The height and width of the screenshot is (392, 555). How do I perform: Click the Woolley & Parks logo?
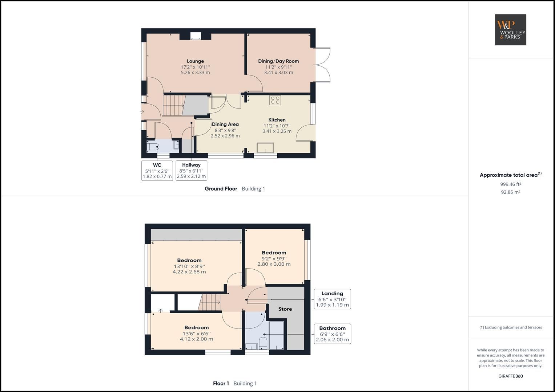[510, 30]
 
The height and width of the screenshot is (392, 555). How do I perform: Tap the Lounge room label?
[195, 61]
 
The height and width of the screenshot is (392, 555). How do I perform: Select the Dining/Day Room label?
[278, 61]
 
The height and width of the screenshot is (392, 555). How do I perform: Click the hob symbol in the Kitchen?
[275, 100]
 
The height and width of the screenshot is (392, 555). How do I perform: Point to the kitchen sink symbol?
[265, 148]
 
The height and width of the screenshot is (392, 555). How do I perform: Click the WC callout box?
[157, 171]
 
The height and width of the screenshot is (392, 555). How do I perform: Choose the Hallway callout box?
[191, 171]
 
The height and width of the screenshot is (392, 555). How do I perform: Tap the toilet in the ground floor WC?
[153, 147]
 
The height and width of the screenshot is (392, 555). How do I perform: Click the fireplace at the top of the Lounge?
[196, 36]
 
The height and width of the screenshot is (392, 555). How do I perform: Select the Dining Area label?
[225, 124]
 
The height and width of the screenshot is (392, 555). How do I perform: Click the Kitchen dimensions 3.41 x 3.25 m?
[277, 131]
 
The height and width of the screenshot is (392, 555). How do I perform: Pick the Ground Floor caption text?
[221, 189]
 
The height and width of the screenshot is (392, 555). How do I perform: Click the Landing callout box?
[332, 299]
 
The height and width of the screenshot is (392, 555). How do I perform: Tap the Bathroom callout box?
[332, 334]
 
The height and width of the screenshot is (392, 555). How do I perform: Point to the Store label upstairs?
[285, 309]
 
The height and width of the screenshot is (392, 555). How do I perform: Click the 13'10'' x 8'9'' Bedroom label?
[189, 261]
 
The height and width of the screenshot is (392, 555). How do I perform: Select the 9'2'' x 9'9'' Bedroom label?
[274, 253]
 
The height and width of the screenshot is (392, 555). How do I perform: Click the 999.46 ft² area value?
[510, 184]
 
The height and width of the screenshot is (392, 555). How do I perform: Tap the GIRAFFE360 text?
[510, 376]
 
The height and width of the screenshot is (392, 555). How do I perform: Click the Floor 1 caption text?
[221, 384]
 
